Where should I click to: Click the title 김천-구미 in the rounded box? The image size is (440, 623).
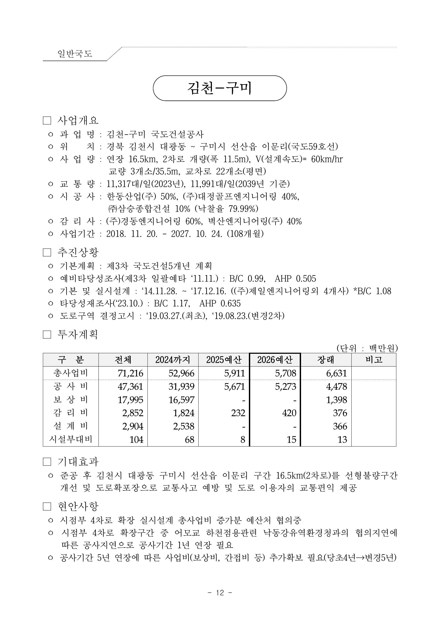220,88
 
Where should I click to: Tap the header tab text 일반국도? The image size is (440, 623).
75,54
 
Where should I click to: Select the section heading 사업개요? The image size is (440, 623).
78,120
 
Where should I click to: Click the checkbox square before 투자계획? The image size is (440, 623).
47,335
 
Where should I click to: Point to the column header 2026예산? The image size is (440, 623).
275,360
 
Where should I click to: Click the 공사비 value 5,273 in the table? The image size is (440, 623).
286,386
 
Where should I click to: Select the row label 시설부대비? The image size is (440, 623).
71,439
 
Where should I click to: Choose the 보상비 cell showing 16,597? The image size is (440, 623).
181,400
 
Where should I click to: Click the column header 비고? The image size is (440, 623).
374,360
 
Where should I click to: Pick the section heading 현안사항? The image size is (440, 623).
78,506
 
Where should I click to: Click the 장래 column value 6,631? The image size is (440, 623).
336,373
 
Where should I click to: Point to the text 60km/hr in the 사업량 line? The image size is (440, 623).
327,159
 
